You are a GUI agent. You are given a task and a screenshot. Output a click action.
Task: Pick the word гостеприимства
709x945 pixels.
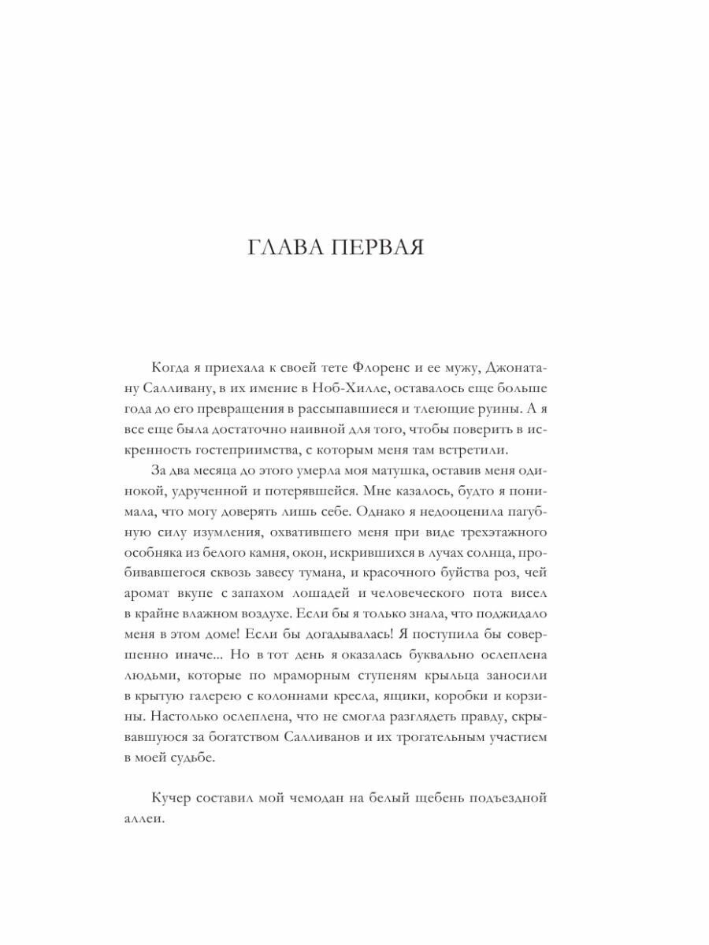(x=266, y=450)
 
